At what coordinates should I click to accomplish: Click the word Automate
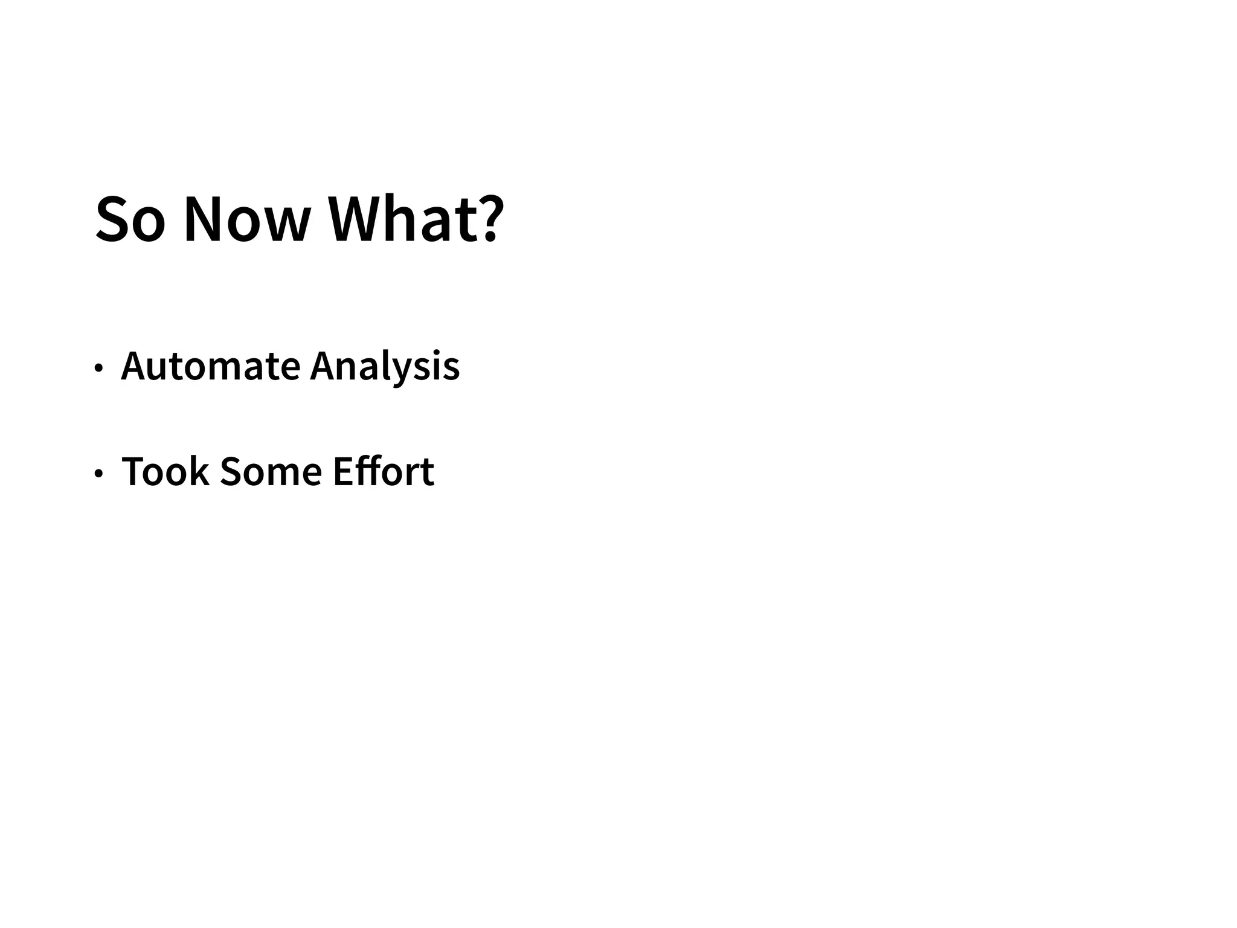point(211,366)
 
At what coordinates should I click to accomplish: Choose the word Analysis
point(385,367)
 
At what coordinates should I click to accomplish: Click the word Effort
point(384,471)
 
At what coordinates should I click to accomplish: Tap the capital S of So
point(113,219)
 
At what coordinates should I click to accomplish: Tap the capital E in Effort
point(343,471)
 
